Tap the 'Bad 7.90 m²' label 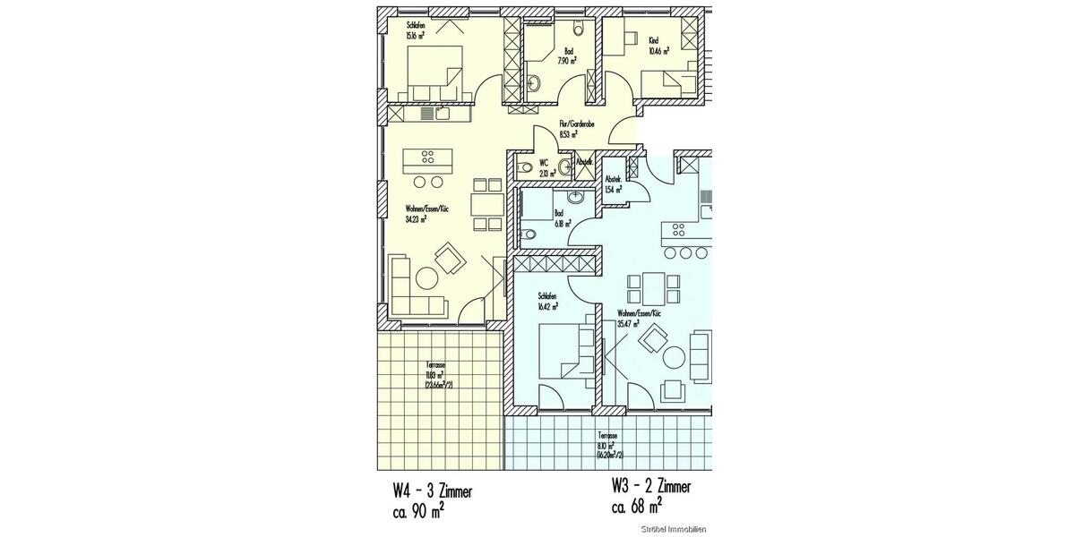(x=566, y=56)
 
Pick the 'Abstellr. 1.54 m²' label (x=614, y=185)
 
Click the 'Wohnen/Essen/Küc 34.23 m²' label (x=426, y=212)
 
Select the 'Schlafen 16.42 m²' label (x=548, y=302)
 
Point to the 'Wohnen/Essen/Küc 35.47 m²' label (x=639, y=320)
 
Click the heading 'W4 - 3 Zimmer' (x=433, y=492)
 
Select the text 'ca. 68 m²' (x=637, y=507)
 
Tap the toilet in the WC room (x=524, y=166)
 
